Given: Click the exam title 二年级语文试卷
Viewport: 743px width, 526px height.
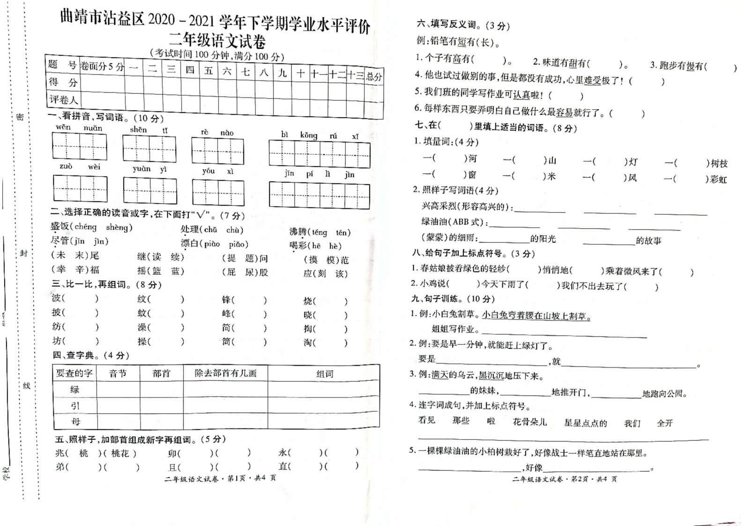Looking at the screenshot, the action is point(217,41).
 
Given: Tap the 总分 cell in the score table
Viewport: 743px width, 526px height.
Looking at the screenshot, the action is point(374,76).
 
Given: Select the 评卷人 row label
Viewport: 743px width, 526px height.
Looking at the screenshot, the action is point(63,99).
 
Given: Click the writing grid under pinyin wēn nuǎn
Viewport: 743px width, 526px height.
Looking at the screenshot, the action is point(79,146).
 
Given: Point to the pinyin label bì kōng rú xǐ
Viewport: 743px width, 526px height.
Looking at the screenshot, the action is point(320,135).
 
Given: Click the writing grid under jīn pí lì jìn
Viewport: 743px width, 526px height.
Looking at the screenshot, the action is point(319,195).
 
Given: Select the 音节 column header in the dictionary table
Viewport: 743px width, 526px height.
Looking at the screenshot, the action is point(118,374).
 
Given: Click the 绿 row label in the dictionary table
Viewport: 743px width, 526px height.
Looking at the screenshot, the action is point(74,389).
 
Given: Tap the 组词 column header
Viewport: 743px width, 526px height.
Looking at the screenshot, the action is point(324,374).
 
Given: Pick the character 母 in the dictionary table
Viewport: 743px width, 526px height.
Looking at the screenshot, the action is point(75,421).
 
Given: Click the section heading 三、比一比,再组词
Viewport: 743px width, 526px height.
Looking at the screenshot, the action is point(106,285).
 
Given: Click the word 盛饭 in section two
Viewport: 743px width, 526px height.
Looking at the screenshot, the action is point(60,227).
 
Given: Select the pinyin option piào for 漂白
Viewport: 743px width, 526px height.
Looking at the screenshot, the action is point(212,244).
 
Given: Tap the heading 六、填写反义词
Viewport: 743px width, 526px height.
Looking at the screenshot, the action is point(462,25).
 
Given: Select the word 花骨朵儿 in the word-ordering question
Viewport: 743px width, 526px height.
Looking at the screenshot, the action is point(529,422).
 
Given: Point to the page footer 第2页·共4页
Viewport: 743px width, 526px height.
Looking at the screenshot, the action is point(565,479).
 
